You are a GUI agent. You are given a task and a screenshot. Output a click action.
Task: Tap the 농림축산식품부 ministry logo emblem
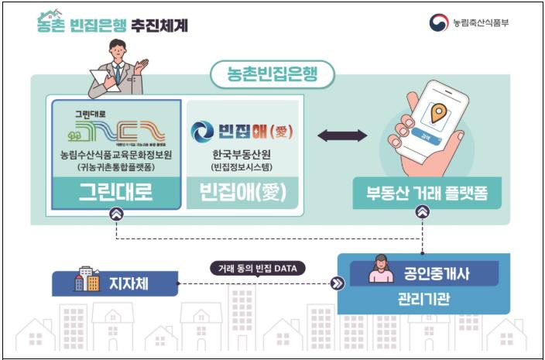(x=439, y=22)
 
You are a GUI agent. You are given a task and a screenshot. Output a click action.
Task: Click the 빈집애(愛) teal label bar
(x=242, y=193)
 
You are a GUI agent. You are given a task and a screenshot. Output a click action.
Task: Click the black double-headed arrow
(x=342, y=136)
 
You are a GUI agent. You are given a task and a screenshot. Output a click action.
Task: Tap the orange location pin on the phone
(x=439, y=115)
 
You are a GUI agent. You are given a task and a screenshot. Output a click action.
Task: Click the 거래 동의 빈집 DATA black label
(x=259, y=269)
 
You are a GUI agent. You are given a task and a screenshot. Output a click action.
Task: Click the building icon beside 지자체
(x=87, y=282)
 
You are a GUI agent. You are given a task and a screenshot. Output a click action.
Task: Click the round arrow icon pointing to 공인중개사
(x=337, y=283)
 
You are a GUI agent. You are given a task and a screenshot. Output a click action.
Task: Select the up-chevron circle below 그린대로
(x=115, y=214)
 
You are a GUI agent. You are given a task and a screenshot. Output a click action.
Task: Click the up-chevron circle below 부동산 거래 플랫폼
(x=423, y=212)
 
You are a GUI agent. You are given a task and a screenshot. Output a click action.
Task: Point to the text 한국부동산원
(x=242, y=153)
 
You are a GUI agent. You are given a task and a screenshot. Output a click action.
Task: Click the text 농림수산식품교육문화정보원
(x=115, y=153)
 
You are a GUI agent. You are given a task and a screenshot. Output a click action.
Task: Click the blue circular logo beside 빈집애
(x=203, y=130)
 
